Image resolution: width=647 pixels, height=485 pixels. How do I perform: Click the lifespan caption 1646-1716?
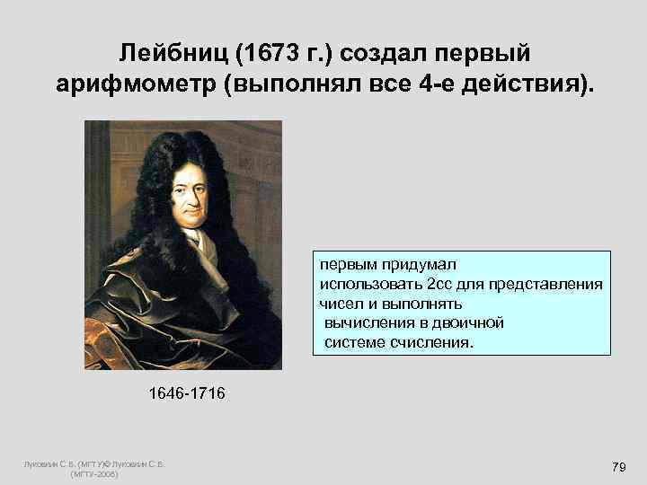pyautogui.click(x=187, y=393)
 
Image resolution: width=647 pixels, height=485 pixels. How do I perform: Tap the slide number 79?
pyautogui.click(x=617, y=467)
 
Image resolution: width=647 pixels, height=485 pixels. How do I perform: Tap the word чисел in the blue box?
pyautogui.click(x=338, y=304)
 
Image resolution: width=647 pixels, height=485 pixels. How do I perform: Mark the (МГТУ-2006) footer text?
pyautogui.click(x=94, y=473)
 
